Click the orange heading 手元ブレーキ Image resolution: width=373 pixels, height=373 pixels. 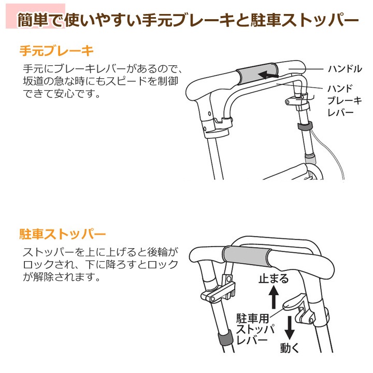56,51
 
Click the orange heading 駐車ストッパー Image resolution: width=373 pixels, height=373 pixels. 62,234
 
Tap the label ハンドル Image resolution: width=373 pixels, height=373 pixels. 345,69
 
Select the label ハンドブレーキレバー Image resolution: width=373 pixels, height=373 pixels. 345,101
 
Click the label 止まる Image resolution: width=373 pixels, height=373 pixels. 274,279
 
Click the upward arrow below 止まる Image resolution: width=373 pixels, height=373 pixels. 274,297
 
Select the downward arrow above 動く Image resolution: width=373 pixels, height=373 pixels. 290,328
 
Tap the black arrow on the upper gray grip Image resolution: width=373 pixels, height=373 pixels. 268,75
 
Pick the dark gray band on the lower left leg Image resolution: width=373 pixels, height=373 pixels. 224,338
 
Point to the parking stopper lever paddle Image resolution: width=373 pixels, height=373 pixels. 293,303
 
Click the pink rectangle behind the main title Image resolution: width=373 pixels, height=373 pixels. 35,16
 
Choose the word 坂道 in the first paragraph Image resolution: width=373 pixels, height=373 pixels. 33,81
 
